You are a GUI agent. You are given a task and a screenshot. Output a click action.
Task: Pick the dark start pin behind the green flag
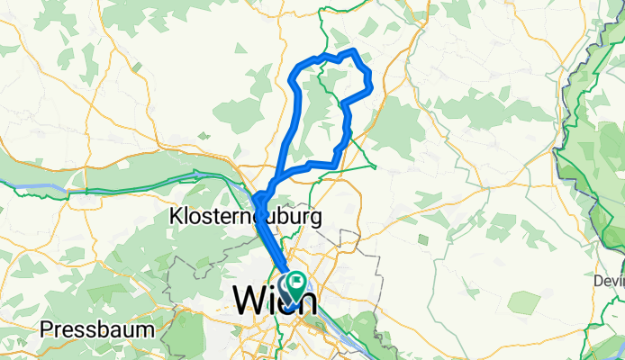(287, 290)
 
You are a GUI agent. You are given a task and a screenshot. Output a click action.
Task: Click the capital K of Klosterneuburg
(176, 216)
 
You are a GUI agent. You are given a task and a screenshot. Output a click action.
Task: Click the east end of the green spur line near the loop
(376, 166)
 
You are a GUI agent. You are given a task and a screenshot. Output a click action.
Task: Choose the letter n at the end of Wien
(299, 298)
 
